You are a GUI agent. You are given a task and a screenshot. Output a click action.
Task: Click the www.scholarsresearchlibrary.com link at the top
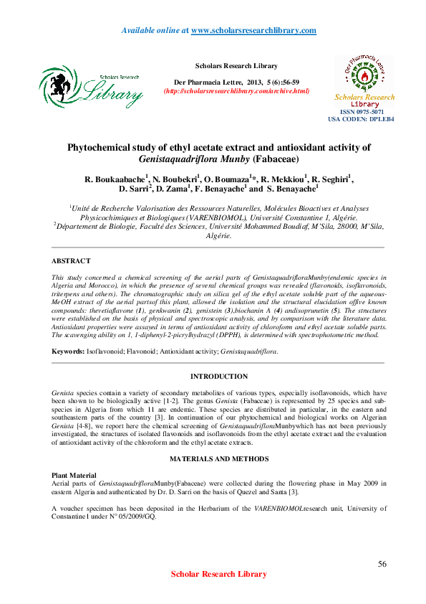coord(254,30)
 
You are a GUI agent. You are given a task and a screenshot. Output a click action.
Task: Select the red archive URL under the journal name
coord(236,91)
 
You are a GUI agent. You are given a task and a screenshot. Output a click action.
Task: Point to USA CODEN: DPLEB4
coord(361,119)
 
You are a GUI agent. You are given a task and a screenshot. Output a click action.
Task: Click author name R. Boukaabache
coord(115,179)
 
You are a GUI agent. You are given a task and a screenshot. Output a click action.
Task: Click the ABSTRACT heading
coord(72,261)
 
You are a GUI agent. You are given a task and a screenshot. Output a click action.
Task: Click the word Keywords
coord(68,351)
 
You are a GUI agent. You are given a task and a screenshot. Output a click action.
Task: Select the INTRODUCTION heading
coord(219,377)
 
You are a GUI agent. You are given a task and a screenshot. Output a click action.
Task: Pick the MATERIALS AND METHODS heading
coord(219,458)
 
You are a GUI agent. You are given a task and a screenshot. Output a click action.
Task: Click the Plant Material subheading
coord(74,476)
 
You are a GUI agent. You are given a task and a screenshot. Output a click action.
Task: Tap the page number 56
coord(382,564)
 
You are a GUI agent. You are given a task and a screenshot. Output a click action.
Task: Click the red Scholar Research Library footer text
coord(219,574)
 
